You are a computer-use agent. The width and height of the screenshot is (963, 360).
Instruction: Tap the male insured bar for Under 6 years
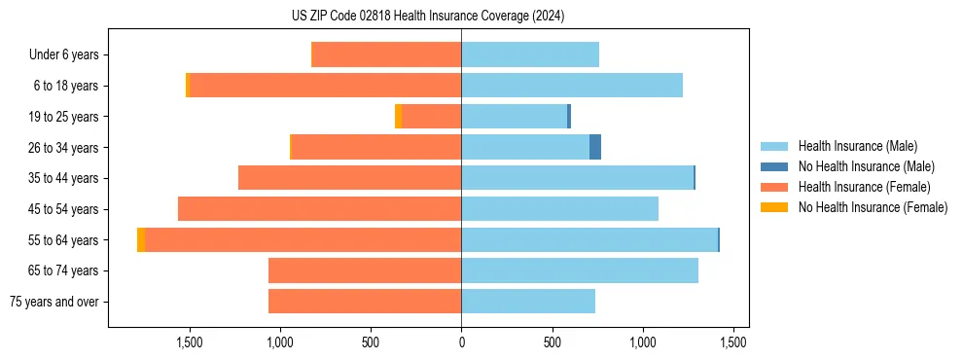tap(530, 54)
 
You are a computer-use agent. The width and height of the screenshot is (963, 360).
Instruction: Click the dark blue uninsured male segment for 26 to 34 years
tap(595, 147)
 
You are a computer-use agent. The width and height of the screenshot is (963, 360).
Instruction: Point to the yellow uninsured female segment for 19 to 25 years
tap(399, 117)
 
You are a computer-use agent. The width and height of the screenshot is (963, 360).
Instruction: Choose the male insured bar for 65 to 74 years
tap(580, 270)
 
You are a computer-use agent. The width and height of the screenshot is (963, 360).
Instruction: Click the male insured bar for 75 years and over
tap(528, 302)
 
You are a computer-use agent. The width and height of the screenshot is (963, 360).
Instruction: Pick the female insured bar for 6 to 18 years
tap(326, 86)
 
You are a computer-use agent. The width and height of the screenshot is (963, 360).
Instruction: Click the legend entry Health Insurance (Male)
tap(857, 146)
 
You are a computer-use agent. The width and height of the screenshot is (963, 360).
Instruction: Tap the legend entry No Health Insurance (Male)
tap(866, 166)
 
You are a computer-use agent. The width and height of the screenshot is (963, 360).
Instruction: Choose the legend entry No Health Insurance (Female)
tap(873, 207)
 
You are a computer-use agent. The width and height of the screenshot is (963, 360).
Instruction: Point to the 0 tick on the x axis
tap(461, 342)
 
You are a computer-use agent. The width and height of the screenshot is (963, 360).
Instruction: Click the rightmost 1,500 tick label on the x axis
tap(733, 342)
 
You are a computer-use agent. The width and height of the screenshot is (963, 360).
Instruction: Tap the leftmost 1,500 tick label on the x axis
tap(189, 342)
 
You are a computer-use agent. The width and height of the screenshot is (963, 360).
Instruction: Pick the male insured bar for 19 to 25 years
tap(514, 117)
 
